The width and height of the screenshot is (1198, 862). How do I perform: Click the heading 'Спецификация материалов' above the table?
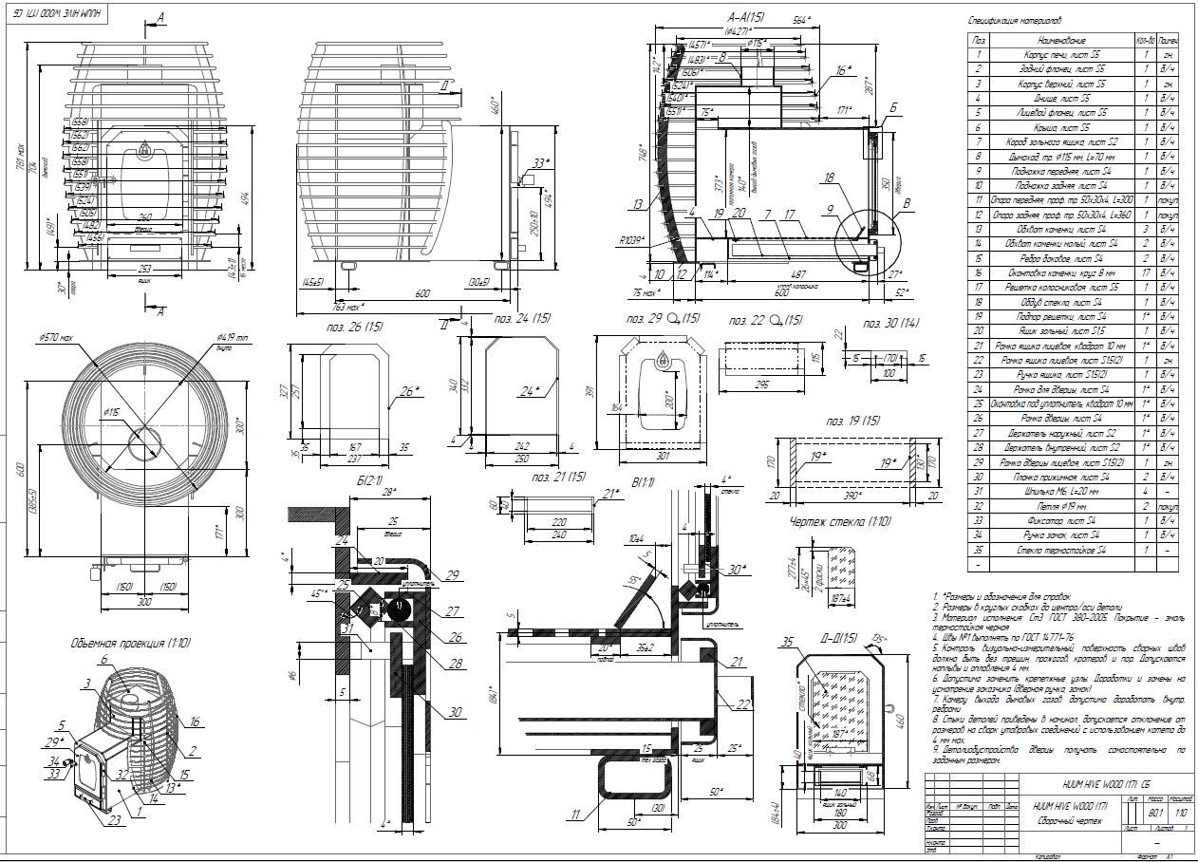[1014, 20]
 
